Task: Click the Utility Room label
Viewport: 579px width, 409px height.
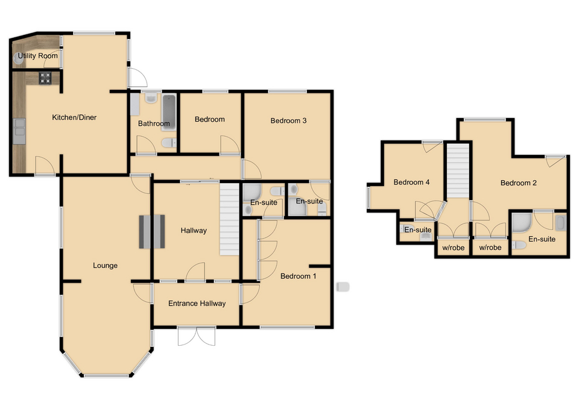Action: point(38,56)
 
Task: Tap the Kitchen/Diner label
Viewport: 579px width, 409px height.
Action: point(74,117)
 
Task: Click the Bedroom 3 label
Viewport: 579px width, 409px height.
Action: point(288,120)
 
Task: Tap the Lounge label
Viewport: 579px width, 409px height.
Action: point(105,265)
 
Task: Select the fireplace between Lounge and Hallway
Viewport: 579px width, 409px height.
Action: point(152,231)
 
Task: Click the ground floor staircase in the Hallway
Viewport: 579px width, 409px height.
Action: point(229,220)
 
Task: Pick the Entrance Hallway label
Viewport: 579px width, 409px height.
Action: point(197,304)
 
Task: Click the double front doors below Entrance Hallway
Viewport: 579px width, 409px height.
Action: point(197,336)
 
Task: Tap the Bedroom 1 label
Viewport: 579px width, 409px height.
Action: point(298,276)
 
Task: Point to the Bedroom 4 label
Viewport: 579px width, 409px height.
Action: point(411,183)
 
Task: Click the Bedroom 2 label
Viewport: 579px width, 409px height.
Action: point(518,183)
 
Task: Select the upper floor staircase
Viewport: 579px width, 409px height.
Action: point(458,171)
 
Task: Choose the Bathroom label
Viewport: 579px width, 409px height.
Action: point(154,123)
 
